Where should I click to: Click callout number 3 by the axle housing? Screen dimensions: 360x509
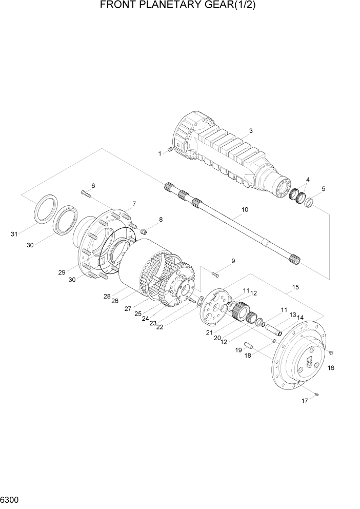pos(251,131)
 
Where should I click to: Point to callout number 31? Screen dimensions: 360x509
pos(14,234)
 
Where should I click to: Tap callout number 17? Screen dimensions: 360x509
pos(305,401)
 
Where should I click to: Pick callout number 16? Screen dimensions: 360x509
pos(331,368)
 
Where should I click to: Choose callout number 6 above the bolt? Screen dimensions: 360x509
pos(93,185)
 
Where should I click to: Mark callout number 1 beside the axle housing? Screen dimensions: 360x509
pos(160,153)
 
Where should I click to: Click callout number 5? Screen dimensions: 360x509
pos(324,189)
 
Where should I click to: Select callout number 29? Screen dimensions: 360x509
pos(62,272)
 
